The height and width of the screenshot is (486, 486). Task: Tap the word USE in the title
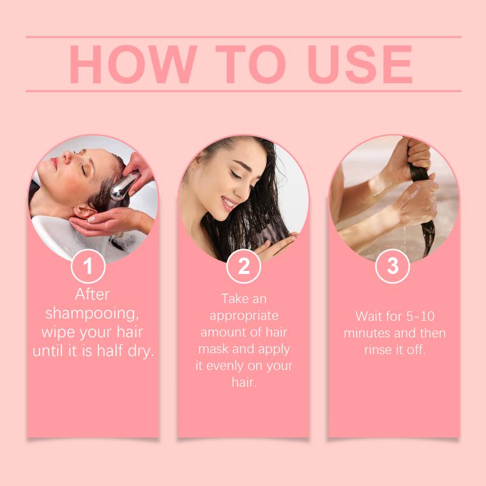[x=360, y=64]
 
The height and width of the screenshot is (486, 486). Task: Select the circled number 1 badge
[x=88, y=266]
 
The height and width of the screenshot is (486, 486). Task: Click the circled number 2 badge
[x=244, y=266]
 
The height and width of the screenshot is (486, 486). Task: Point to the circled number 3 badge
[x=392, y=266]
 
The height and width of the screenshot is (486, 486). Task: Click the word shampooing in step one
[x=92, y=313]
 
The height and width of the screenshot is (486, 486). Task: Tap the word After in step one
[x=92, y=294]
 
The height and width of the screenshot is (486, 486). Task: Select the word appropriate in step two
[x=244, y=316]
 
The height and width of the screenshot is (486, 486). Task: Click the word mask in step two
[x=214, y=349]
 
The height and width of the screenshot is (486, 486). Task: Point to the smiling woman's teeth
[x=229, y=203]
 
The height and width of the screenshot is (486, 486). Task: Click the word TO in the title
[x=250, y=64]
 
